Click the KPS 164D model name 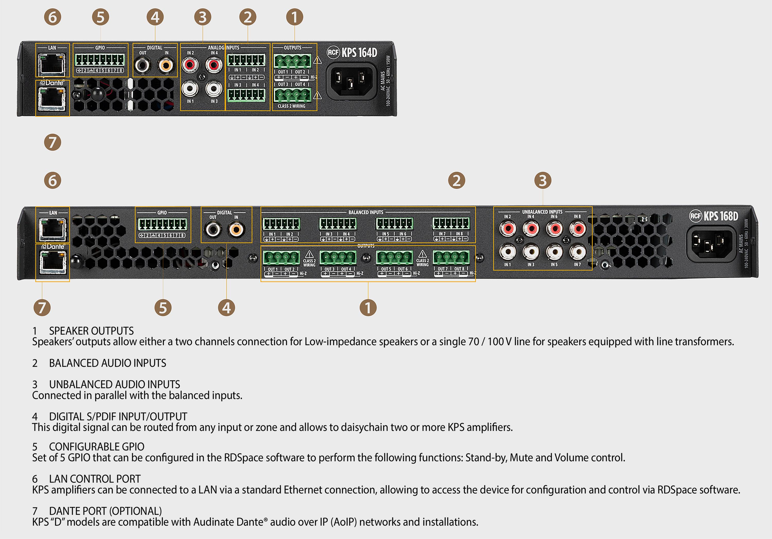click(359, 53)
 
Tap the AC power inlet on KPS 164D click(351, 81)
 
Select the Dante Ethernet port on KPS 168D click(52, 262)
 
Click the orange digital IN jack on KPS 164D click(166, 64)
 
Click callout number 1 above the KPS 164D click(295, 17)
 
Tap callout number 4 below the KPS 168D click(226, 308)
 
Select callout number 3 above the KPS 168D click(543, 180)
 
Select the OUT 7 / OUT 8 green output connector click(451, 258)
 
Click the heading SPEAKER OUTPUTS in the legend click(91, 331)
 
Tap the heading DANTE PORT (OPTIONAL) click(105, 511)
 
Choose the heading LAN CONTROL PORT click(95, 479)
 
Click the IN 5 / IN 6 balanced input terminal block click(394, 224)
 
